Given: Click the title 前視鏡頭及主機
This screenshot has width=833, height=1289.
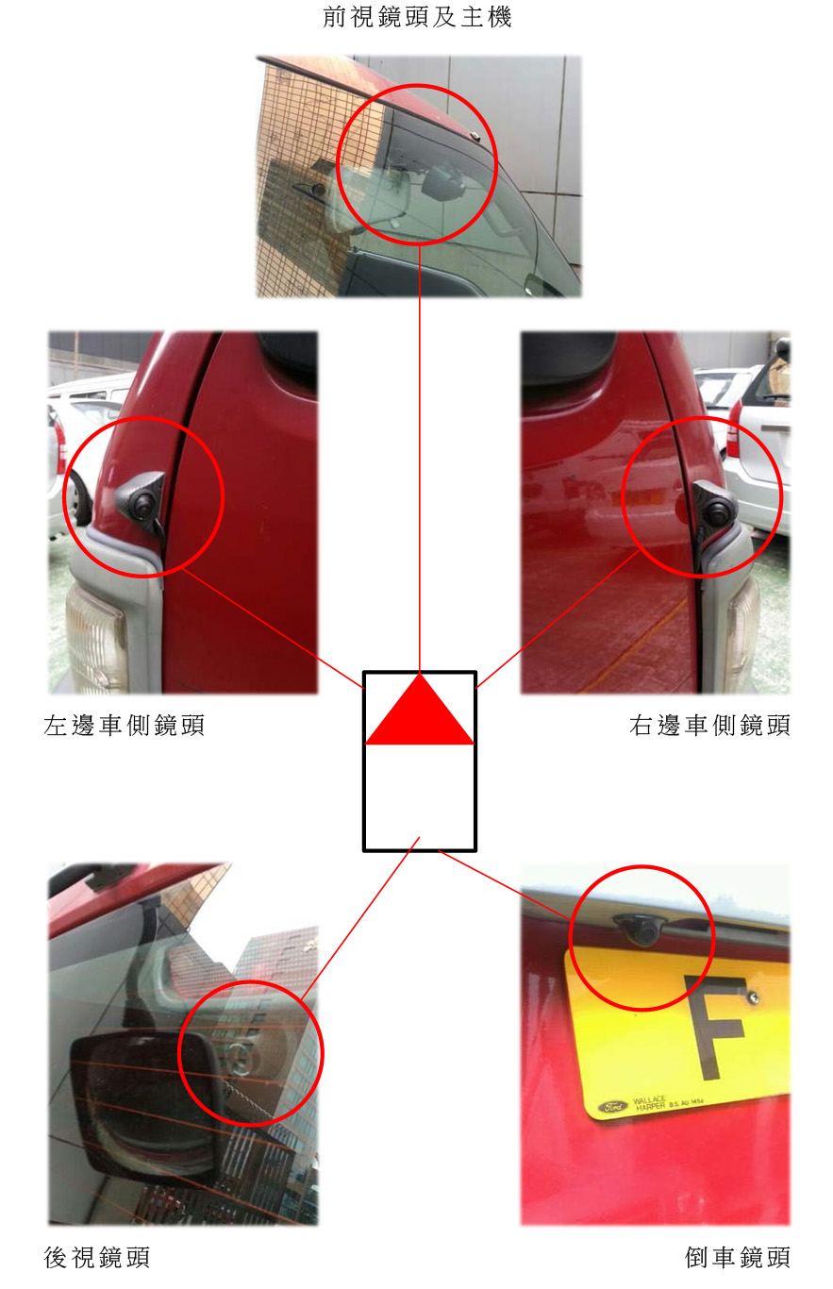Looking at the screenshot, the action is click(x=417, y=17).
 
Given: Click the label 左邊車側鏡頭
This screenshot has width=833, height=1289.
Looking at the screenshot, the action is click(x=125, y=726).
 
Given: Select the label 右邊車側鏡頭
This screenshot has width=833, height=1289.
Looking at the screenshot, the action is click(x=709, y=726).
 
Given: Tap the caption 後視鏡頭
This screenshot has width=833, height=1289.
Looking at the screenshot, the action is click(x=96, y=1257).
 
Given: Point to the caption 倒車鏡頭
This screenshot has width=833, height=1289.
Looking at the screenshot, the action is click(x=737, y=1257).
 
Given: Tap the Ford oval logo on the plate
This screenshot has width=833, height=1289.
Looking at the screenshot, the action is click(x=612, y=1106).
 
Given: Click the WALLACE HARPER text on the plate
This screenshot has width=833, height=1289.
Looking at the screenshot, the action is click(x=650, y=1102).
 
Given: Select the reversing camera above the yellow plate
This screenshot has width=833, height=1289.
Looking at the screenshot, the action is click(x=640, y=928).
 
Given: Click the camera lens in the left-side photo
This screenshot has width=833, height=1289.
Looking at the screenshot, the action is click(x=142, y=503).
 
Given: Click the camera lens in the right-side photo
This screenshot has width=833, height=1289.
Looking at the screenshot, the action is click(x=717, y=511).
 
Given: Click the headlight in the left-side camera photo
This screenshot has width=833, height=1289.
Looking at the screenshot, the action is click(x=95, y=639).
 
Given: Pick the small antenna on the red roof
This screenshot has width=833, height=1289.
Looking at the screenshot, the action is click(x=475, y=136).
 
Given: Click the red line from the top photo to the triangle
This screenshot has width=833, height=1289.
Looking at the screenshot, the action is click(x=420, y=459).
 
